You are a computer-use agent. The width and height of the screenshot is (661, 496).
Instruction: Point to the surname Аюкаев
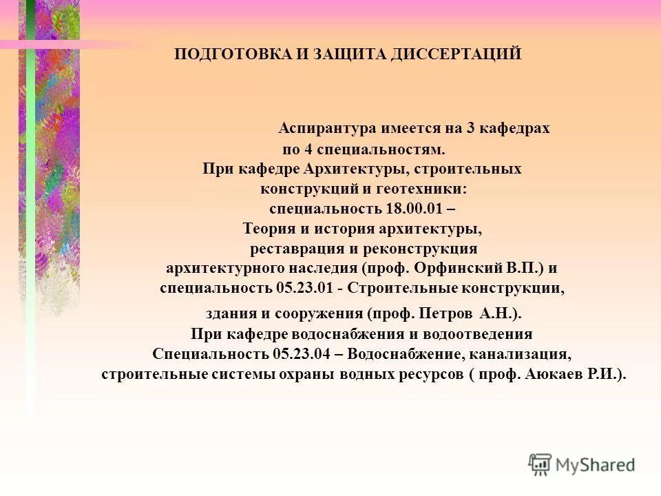(554, 375)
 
